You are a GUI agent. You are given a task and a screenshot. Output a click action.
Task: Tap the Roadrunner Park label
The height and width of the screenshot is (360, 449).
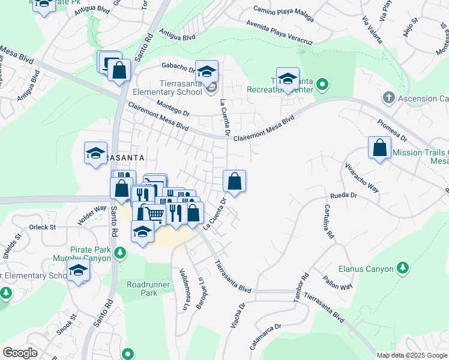[142, 288]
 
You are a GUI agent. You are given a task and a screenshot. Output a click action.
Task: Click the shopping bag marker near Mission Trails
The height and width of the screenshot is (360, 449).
[379, 149]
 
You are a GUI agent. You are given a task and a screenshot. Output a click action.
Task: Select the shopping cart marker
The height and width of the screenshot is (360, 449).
[155, 213]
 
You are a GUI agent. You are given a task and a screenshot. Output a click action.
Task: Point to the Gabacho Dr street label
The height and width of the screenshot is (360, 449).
[176, 67]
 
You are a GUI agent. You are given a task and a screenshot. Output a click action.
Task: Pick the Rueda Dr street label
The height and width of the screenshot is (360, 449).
[344, 196]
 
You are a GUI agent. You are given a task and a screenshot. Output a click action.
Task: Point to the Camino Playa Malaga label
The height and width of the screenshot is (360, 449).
[283, 13]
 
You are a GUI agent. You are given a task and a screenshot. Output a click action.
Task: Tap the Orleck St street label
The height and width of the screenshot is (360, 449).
[43, 227]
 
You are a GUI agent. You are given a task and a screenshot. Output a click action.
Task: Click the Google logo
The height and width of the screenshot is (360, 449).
[20, 353]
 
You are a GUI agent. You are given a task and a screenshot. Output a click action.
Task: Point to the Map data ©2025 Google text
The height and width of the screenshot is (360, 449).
[411, 355]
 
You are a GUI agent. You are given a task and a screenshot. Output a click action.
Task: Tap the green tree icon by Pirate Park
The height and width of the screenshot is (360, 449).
[121, 253]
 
